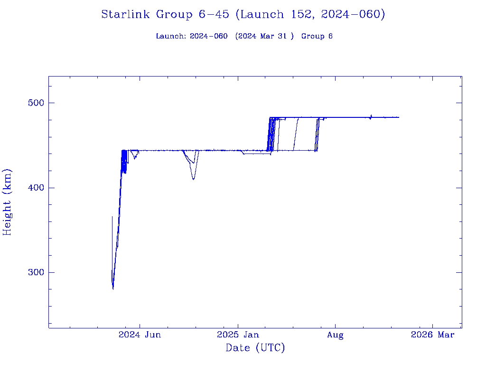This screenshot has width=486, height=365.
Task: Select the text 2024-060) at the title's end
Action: (353, 14)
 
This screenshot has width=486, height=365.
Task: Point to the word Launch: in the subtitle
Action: (171, 36)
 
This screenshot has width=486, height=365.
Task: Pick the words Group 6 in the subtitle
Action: (317, 36)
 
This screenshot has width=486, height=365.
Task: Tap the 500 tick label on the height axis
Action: (32, 103)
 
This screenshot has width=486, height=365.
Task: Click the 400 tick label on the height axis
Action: (32, 188)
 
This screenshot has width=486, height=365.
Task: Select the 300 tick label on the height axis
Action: (32, 273)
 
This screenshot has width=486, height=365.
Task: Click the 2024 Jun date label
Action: (140, 335)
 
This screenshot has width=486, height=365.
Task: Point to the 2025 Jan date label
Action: (238, 335)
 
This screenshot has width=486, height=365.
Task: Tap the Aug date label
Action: (335, 335)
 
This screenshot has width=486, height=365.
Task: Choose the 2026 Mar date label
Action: (432, 335)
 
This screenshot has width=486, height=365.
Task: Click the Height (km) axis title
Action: (8, 202)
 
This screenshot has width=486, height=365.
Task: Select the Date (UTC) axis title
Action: (255, 348)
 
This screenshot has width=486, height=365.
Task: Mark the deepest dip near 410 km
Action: (194, 179)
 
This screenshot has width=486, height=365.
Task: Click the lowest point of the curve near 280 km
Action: (113, 288)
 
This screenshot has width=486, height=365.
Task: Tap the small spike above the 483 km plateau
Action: (371, 115)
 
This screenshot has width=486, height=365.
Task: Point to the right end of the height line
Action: (399, 117)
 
